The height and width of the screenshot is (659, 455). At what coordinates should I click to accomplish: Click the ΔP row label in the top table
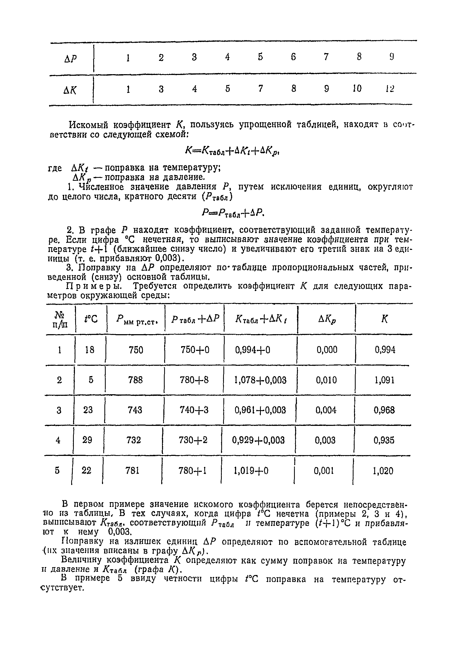coord(70,59)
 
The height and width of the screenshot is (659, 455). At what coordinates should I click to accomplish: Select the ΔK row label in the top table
coord(70,91)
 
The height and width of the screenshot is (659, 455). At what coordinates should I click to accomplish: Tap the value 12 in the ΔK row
coord(390,89)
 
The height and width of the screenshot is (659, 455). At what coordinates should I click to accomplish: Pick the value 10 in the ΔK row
coord(357,89)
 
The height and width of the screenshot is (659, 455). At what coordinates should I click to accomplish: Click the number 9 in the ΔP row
coord(392,57)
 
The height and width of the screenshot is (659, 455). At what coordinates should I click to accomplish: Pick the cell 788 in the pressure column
coord(135,380)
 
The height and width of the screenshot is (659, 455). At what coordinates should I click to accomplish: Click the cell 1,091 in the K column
coord(385,380)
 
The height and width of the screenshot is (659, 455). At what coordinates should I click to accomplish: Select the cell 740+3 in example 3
coord(194,410)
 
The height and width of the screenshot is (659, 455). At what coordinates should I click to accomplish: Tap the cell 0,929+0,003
coord(258,440)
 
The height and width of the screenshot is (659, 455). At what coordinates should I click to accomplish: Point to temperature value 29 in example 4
coord(87,440)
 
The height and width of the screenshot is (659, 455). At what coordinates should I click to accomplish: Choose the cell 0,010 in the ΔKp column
coord(326,380)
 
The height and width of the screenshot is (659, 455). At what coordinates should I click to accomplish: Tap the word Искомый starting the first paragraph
coord(89,125)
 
